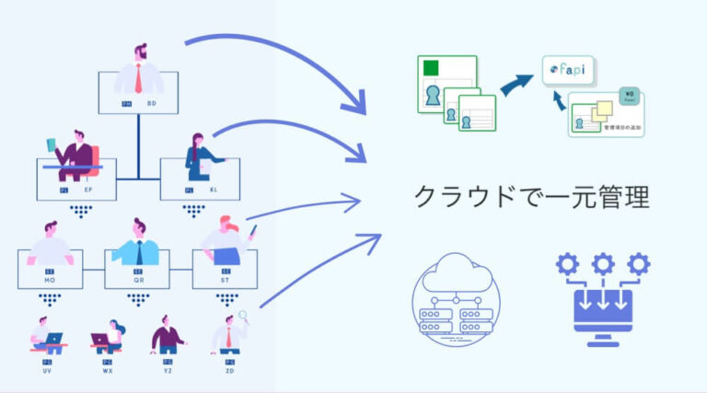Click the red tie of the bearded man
click(x=138, y=79)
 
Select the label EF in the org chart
click(x=87, y=190)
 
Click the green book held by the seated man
click(x=52, y=144)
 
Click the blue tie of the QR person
click(x=138, y=252)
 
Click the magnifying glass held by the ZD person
click(x=244, y=318)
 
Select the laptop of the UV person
click(x=52, y=340)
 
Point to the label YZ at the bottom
click(x=168, y=373)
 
